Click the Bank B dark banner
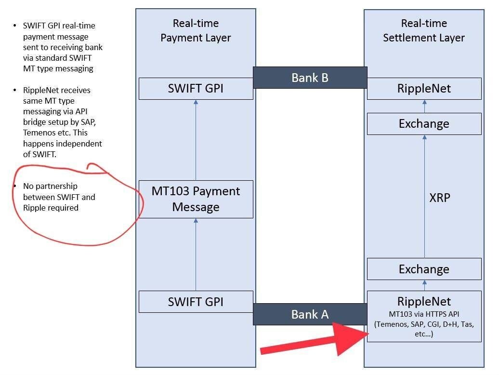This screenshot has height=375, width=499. [x=310, y=78]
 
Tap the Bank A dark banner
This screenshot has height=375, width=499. [x=310, y=314]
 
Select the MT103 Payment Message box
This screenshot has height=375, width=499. [x=196, y=199]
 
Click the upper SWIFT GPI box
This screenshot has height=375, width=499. [x=196, y=89]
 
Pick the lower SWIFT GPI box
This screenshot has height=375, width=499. [x=196, y=302]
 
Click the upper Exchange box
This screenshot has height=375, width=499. [x=424, y=124]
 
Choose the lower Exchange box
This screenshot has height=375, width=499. [x=424, y=269]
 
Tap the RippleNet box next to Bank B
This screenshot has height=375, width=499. [x=424, y=89]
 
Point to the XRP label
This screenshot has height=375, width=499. [x=439, y=197]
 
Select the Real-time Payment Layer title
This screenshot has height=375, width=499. [x=196, y=30]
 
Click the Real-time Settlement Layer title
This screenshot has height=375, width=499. [x=424, y=30]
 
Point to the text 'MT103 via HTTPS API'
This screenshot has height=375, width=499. [x=424, y=314]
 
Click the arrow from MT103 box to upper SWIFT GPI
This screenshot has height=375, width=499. [x=196, y=140]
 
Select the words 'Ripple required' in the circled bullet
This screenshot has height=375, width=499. [x=51, y=208]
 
